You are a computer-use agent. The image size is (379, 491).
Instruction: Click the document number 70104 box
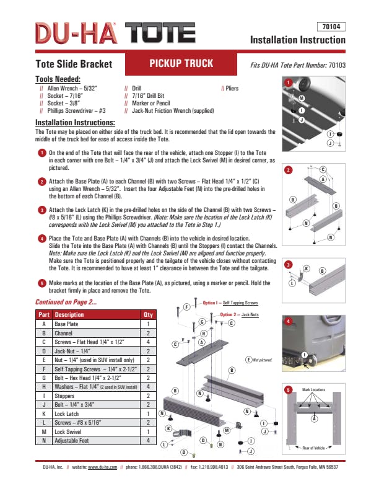tap(330, 27)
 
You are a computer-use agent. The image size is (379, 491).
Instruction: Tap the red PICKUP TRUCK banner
tap(181, 63)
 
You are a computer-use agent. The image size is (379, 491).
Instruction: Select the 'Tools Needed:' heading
tap(58, 79)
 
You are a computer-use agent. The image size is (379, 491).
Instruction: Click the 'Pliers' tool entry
tap(232, 89)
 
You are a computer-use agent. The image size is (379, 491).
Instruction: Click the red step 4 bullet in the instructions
tap(41, 238)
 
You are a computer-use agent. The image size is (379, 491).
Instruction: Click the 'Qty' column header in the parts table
tap(147, 314)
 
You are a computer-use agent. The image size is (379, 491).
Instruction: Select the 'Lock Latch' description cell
tap(68, 413)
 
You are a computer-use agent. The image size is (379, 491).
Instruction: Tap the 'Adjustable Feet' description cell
tap(72, 440)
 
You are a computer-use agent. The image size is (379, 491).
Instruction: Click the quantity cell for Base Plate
tap(148, 324)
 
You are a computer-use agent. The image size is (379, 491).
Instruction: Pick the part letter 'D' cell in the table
tap(43, 350)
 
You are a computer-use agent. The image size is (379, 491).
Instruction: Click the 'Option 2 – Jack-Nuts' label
tap(238, 315)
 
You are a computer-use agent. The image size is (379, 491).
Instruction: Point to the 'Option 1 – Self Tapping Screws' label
tap(230, 303)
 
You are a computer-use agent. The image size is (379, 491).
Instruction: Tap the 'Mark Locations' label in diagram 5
tap(313, 390)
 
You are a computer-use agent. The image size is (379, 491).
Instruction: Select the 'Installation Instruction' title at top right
tap(297, 40)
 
